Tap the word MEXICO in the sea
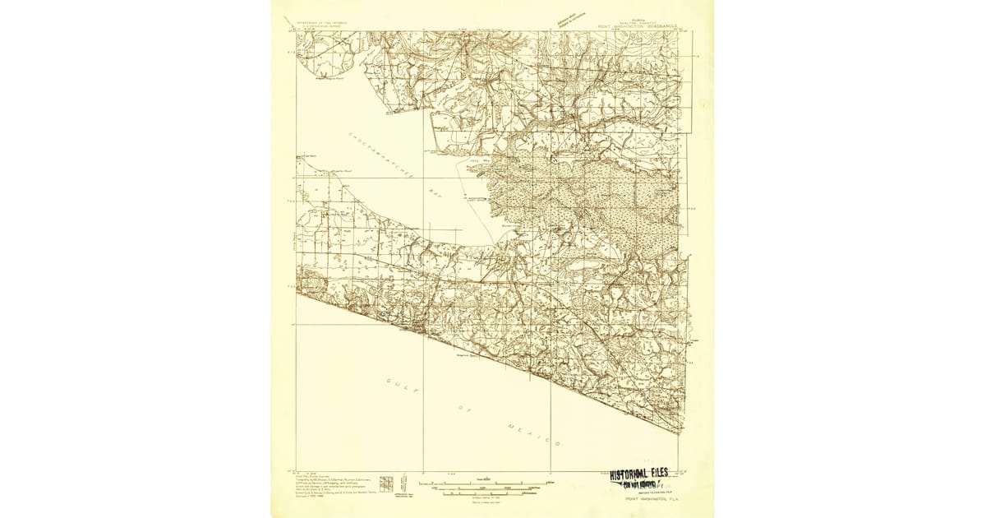point(532,433)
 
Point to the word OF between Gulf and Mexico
point(462,409)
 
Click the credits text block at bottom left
point(329,485)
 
